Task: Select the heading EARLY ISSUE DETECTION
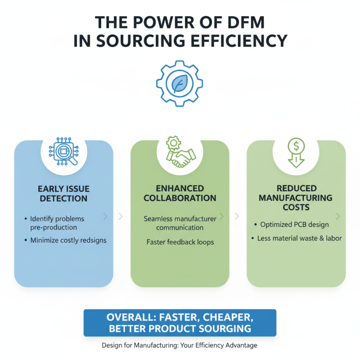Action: pyautogui.click(x=63, y=193)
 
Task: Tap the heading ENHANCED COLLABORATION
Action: pyautogui.click(x=180, y=193)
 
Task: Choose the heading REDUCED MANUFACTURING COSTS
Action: pyautogui.click(x=296, y=198)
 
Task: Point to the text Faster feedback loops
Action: pyautogui.click(x=180, y=242)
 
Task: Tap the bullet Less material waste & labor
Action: pyautogui.click(x=299, y=238)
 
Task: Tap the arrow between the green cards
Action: pyautogui.click(x=237, y=216)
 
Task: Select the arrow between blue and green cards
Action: pyautogui.click(x=121, y=216)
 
